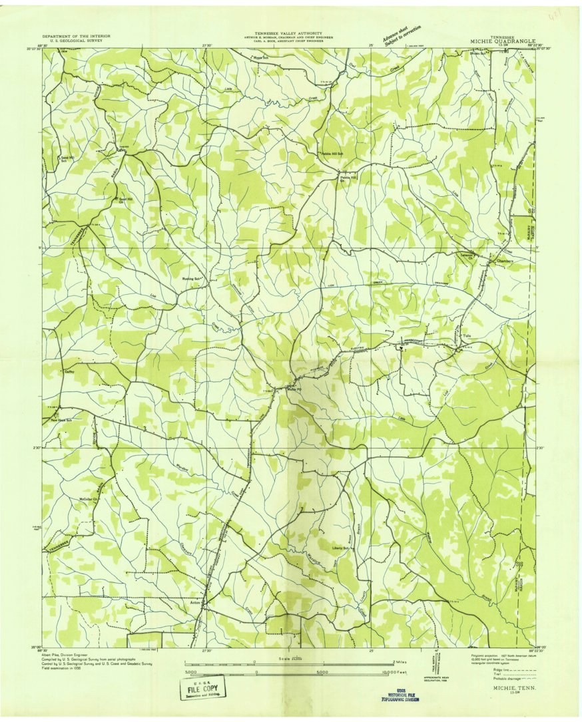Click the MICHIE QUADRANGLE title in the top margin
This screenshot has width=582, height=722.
pyautogui.click(x=503, y=41)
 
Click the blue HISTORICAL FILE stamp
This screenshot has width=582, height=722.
pyautogui.click(x=400, y=695)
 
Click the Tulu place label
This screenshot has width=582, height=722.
pyautogui.click(x=467, y=336)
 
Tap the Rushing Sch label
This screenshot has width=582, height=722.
pyautogui.click(x=192, y=279)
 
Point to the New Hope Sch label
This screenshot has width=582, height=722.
pyautogui.click(x=62, y=421)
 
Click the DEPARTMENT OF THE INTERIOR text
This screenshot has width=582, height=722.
pyautogui.click(x=77, y=36)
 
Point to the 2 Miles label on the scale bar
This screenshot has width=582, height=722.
pyautogui.click(x=400, y=662)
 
